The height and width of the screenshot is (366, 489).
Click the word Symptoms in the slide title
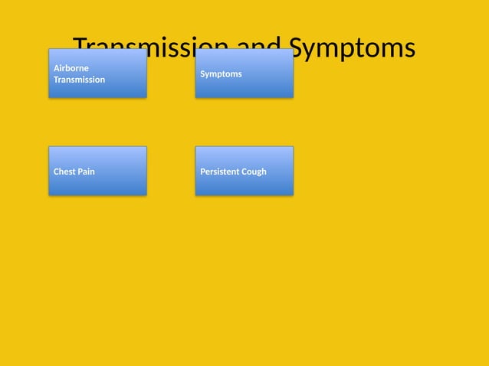[x=355, y=47]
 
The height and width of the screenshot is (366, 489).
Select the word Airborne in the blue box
[x=71, y=68]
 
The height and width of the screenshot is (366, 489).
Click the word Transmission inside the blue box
[x=79, y=80]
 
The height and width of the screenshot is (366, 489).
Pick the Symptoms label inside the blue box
[x=221, y=74]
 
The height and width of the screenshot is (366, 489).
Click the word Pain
[x=87, y=172]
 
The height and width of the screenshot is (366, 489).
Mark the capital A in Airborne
[x=56, y=68]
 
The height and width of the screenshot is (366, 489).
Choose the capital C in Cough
[x=245, y=172]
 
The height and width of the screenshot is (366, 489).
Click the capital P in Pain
[x=80, y=172]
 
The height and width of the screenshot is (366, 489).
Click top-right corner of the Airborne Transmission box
[x=146, y=49]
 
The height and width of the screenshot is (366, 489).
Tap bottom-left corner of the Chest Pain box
[x=49, y=195]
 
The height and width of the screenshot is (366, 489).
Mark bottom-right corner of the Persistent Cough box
[x=293, y=195]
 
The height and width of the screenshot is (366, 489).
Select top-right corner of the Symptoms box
[x=293, y=49]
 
